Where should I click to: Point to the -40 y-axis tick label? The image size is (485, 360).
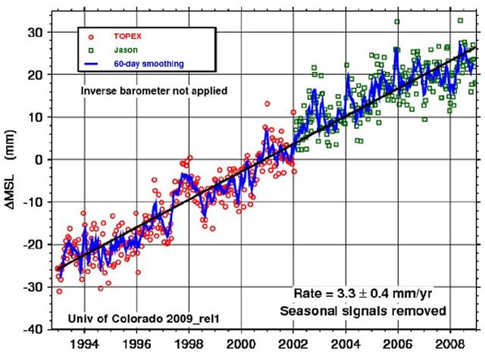[x=33, y=330]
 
